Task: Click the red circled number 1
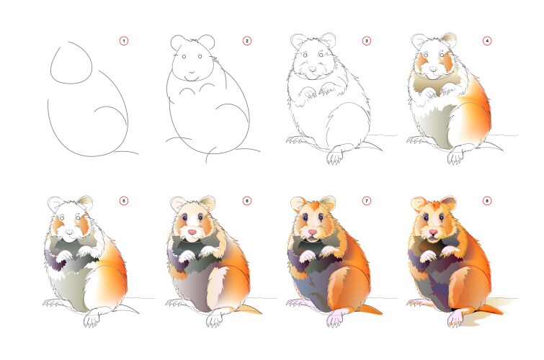124,41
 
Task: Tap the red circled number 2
246,41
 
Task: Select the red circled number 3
366,41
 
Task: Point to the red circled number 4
487,41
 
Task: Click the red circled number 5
124,201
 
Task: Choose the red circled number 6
246,201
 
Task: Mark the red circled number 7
366,201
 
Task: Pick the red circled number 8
487,201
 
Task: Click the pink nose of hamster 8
433,232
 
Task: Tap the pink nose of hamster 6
192,232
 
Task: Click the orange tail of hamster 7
370,309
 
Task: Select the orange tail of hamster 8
491,309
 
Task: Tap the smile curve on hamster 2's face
190,73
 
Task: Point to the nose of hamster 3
313,69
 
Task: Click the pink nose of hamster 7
313,232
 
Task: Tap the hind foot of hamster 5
93,318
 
